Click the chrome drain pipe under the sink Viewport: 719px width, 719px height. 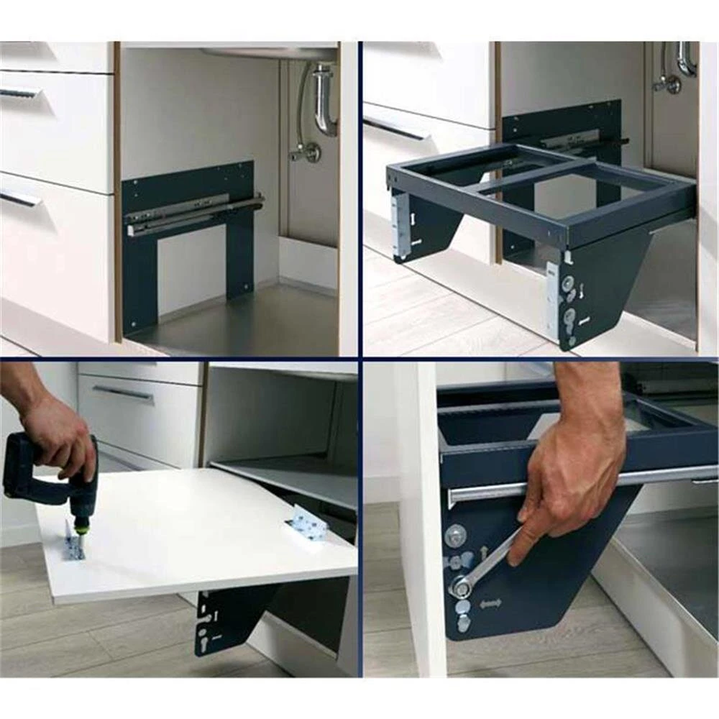pyautogui.click(x=324, y=101)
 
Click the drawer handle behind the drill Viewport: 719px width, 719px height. pyautogui.click(x=122, y=393)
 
